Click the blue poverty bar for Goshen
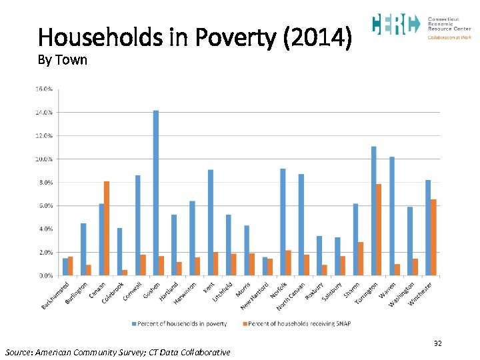point(156,193)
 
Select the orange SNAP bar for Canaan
point(107,229)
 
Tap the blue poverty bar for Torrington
point(374,211)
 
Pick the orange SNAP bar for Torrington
point(379,230)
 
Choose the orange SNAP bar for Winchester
point(434,237)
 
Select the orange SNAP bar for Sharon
point(361,259)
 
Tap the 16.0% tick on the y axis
point(45,89)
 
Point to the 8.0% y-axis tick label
point(45,182)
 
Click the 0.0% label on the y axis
point(45,275)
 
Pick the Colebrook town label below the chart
point(113,293)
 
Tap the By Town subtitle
point(63,60)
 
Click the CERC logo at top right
point(395,25)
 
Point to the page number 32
point(438,343)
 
